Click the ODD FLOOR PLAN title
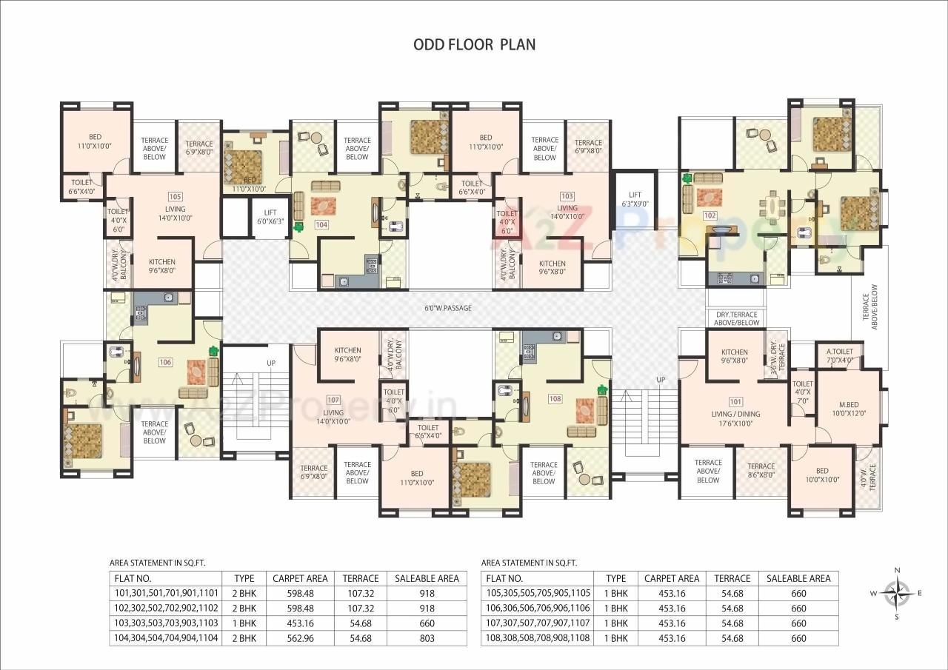pos(474,44)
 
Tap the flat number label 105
pos(175,197)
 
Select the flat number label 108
pos(555,399)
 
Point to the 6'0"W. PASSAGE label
pos(447,308)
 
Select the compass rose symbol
pos(897,592)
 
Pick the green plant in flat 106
pos(214,351)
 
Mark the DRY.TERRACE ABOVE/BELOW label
pos(737,318)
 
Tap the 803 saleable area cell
pos(427,637)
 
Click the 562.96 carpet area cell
pos(300,637)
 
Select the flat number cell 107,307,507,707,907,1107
pos(537,623)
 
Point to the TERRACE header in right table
pos(732,578)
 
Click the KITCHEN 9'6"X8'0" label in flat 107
pos(347,355)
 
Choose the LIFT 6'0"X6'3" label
pos(270,216)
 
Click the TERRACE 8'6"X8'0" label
pos(761,471)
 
